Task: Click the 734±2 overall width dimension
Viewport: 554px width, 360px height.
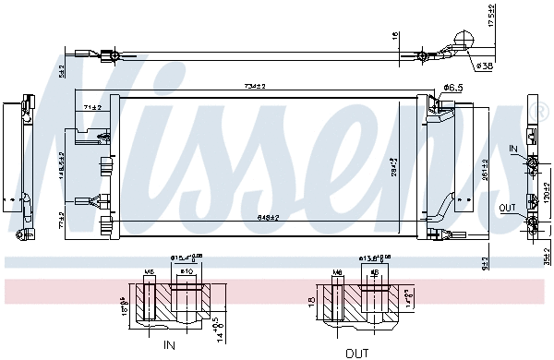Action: [x=255, y=86]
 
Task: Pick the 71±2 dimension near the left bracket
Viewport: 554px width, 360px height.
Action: [x=91, y=108]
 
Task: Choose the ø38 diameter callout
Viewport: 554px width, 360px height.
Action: [x=483, y=66]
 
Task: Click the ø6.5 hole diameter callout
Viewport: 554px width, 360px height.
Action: [x=452, y=88]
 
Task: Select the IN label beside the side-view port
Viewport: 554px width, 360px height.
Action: [x=512, y=147]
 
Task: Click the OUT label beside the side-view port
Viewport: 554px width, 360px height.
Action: [x=509, y=208]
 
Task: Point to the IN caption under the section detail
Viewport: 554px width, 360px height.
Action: [x=168, y=345]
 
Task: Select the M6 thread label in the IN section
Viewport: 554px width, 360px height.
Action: [x=149, y=271]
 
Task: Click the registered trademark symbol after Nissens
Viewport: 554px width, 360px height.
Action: [x=541, y=112]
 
